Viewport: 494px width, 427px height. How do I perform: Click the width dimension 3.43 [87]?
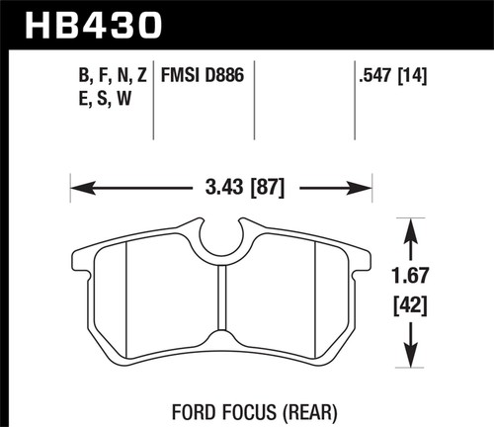(x=221, y=185)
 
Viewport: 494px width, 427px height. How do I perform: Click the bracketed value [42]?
(x=408, y=309)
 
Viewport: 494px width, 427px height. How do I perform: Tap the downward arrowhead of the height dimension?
(x=408, y=367)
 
